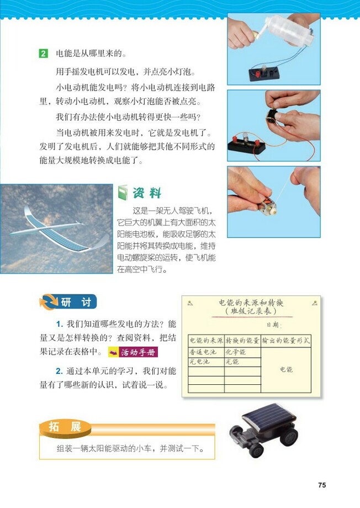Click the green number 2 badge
pos(44,54)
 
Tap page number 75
pos(322,485)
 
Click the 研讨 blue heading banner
pos(68,302)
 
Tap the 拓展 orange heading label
pos(66,427)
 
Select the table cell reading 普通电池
pos(205,352)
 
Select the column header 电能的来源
pos(205,340)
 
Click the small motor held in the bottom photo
pos(264,206)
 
